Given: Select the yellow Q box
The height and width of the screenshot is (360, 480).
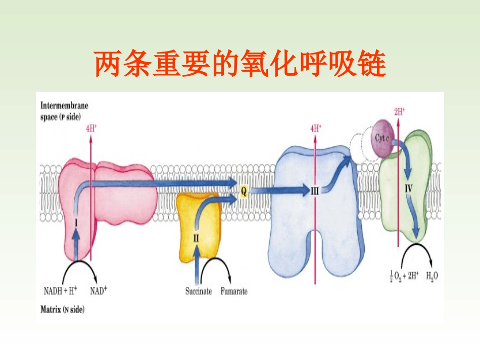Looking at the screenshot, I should coord(244,191).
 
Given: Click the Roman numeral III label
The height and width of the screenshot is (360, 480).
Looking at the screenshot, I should coord(314,191).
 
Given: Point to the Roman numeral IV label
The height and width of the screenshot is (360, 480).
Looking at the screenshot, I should coord(409,189).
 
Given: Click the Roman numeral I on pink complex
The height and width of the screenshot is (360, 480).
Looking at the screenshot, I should coord(76,221).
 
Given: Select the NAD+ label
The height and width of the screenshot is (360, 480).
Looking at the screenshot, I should coord(99,291).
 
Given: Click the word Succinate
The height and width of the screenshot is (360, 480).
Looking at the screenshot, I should coord(199,291).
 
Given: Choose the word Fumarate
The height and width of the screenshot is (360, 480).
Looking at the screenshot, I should coord(234,291).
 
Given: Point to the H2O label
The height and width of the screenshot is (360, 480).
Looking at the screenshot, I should coord(432,276).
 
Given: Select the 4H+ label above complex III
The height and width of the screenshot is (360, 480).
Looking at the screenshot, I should coord(316,128).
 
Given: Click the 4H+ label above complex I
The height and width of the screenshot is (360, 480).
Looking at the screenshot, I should coord(91,128).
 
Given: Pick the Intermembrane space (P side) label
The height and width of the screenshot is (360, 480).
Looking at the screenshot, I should coord(64,111).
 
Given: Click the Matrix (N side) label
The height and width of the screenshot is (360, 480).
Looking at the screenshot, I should coord(63,308).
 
